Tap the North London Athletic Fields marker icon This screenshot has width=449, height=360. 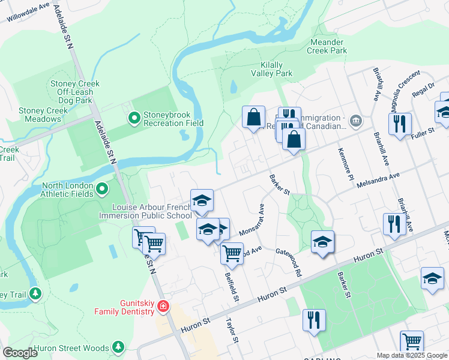coord(102,190)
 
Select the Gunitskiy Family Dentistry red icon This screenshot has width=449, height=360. coord(163,307)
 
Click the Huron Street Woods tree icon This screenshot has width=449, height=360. coord(118,347)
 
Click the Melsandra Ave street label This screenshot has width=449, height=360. coord(378,177)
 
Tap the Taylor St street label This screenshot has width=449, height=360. coord(232,331)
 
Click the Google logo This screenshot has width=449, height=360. coord(20,353)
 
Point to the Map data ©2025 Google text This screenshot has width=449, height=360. coord(412,355)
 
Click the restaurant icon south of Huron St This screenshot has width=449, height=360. coord(314,320)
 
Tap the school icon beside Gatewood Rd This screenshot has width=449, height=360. coord(322,242)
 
